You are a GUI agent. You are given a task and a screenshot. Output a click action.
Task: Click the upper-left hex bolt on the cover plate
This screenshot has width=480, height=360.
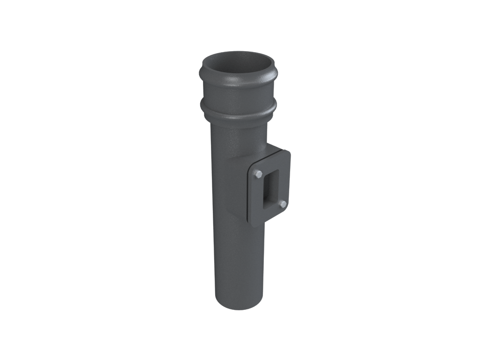[258, 174]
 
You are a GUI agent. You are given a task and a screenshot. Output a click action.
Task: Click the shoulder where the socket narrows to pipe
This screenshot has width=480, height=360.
[236, 125]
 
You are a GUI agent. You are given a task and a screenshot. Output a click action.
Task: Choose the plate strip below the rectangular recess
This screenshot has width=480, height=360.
[270, 213]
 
